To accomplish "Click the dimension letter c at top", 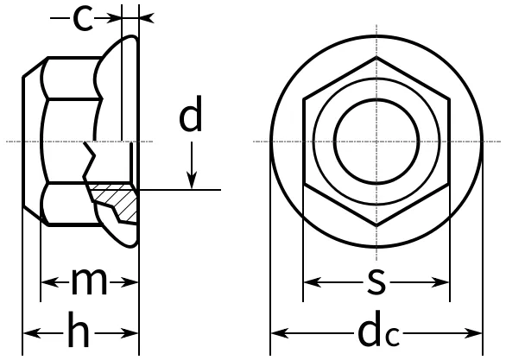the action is pyautogui.click(x=83, y=19).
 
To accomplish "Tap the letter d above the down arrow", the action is pyautogui.click(x=191, y=113).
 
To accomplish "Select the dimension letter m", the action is pyautogui.click(x=89, y=282).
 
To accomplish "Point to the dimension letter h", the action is pyautogui.click(x=79, y=329).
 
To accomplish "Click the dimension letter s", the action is pyautogui.click(x=376, y=281).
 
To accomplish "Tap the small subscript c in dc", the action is pyautogui.click(x=394, y=337).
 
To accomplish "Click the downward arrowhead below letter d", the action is pyautogui.click(x=192, y=181).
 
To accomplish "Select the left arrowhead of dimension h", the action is pyautogui.click(x=32, y=333).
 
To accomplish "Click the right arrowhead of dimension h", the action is pyautogui.click(x=130, y=333).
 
